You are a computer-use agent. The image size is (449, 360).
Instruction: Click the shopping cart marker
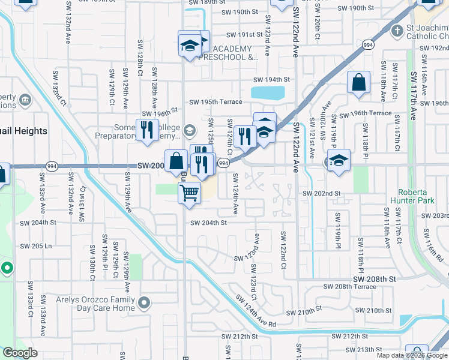tap(189, 193)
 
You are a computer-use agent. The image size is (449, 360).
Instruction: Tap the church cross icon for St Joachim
tap(397, 30)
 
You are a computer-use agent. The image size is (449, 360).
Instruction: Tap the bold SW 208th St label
tap(375, 280)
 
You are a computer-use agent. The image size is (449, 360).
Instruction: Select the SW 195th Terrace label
tap(215, 102)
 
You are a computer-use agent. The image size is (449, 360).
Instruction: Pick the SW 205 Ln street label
tap(36, 246)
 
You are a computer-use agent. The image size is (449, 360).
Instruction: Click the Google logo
tap(20, 353)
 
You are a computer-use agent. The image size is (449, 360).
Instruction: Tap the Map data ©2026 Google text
tap(412, 355)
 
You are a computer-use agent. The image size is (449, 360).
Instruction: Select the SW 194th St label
tap(271, 80)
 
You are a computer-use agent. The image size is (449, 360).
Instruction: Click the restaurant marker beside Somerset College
tap(147, 130)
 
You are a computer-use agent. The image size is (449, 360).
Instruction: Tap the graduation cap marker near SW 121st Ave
tap(339, 160)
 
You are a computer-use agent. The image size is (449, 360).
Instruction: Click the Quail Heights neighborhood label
tap(24, 131)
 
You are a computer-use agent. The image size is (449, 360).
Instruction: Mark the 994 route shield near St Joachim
tap(368, 45)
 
